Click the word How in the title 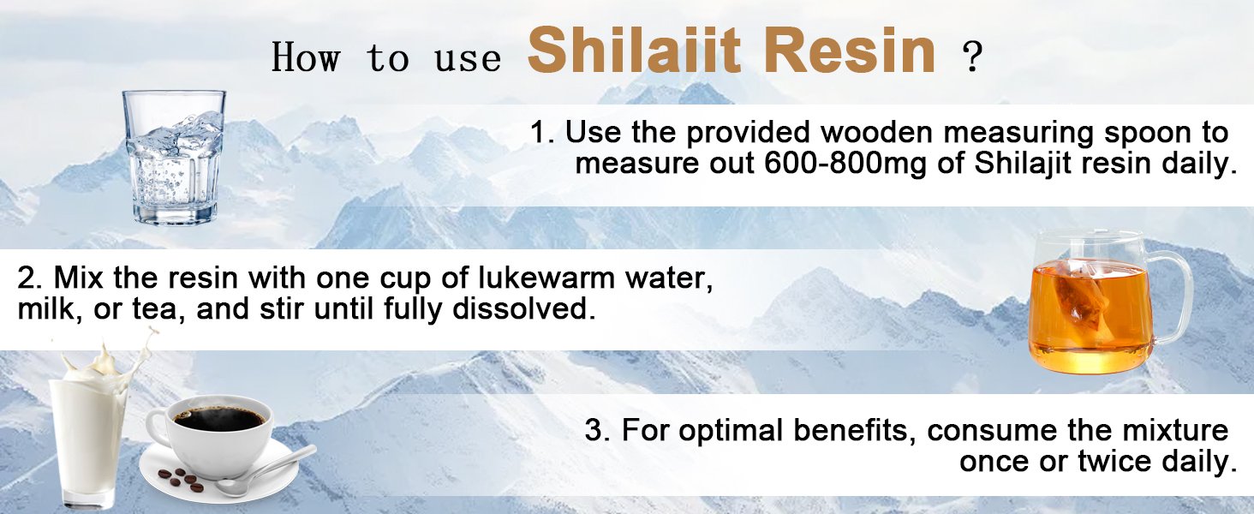pyautogui.click(x=306, y=57)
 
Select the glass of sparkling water pyautogui.click(x=174, y=158)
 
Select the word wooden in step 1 pyautogui.click(x=876, y=133)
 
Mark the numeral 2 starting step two pyautogui.click(x=27, y=278)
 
